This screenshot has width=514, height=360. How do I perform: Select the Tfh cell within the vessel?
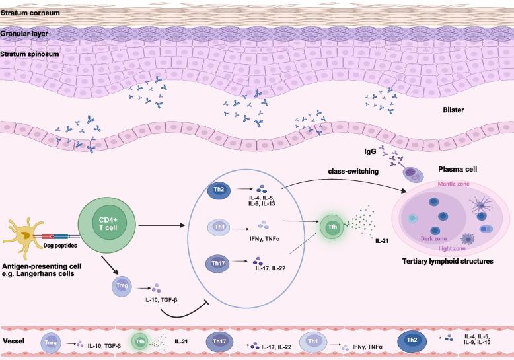pyautogui.click(x=139, y=343)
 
